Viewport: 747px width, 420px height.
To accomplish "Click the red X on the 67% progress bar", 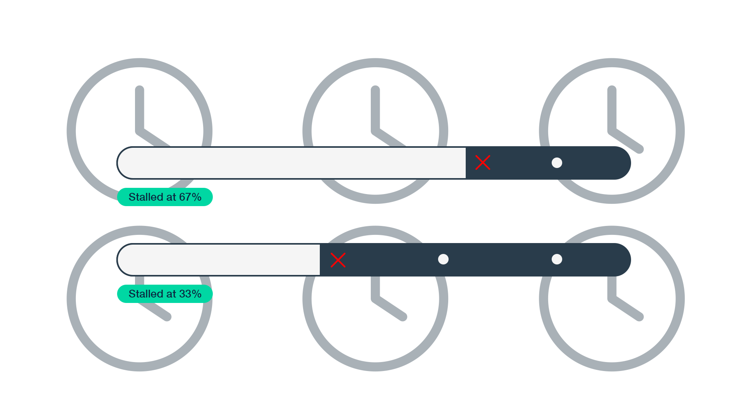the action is (x=483, y=163).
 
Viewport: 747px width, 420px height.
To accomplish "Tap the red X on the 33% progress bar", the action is (x=338, y=260).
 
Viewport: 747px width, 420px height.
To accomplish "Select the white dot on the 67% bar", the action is (x=557, y=163).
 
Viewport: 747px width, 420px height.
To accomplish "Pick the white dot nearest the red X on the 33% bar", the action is (x=443, y=259).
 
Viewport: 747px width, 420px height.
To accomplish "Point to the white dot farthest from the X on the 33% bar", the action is (x=557, y=259).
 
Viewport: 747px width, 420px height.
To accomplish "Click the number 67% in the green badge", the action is (x=190, y=197).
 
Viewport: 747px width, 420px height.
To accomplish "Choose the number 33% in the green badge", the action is (x=190, y=294).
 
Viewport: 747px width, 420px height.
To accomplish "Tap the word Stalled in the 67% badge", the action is (x=146, y=197).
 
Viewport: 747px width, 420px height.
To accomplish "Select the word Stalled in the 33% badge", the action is (x=146, y=294).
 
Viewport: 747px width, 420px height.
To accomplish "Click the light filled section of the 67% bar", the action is (x=292, y=163).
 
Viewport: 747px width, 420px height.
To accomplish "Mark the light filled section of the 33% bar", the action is (x=219, y=260).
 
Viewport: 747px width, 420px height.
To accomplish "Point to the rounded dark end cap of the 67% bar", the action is (x=622, y=163).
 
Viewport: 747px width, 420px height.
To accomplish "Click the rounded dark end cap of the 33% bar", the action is (x=622, y=260).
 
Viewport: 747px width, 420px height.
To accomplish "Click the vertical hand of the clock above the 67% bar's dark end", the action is (x=612, y=109).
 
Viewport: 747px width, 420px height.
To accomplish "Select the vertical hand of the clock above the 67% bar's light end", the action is (x=140, y=109).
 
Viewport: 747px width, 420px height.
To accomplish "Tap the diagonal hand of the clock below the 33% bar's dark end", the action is (x=626, y=308).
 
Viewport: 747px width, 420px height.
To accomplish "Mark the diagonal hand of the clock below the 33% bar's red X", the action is (x=389, y=308).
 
